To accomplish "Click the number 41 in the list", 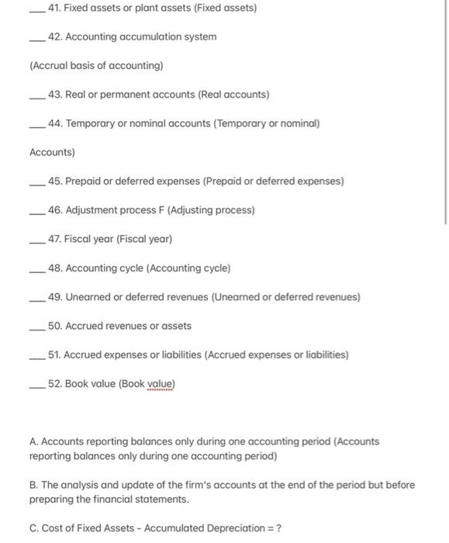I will (x=54, y=8).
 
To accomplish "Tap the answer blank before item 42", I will (x=36, y=39).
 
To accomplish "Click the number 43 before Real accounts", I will (x=54, y=95).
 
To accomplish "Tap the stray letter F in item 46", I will (x=160, y=210).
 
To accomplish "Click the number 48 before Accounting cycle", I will (x=54, y=268).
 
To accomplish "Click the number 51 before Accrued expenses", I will (x=54, y=355).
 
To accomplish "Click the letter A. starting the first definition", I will (x=34, y=441).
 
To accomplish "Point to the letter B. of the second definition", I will (x=34, y=485).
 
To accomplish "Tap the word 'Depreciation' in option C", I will (x=231, y=528).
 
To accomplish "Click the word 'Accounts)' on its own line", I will (x=52, y=153).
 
